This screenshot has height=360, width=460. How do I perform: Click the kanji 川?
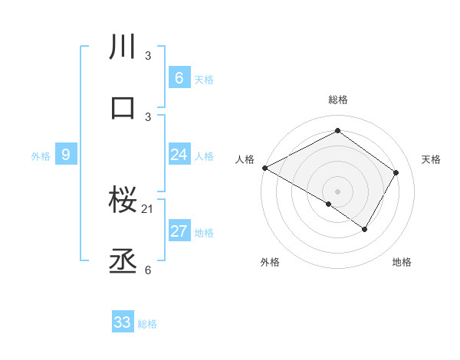pyautogui.click(x=123, y=48)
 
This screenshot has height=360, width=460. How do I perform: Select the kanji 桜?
pyautogui.click(x=123, y=201)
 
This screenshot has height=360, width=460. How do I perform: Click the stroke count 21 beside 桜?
pyautogui.click(x=149, y=209)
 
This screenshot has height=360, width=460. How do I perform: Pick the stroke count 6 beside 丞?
pyautogui.click(x=148, y=270)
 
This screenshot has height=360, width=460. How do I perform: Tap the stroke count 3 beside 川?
pyautogui.click(x=148, y=56)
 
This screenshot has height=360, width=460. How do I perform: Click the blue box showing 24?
pyautogui.click(x=179, y=155)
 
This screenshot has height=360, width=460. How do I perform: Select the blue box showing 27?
pyautogui.click(x=179, y=231)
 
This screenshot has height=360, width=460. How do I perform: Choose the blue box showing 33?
pyautogui.click(x=123, y=322)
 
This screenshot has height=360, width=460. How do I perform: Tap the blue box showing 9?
pyautogui.click(x=66, y=155)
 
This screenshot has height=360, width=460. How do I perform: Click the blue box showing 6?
pyautogui.click(x=179, y=78)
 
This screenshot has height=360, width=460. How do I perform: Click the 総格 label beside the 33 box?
pyautogui.click(x=147, y=324)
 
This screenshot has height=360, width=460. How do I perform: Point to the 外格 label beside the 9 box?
pyautogui.click(x=41, y=155)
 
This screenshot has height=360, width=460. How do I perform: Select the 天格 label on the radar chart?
pyautogui.click(x=432, y=159)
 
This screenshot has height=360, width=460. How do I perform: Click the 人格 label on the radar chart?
pyautogui.click(x=245, y=159)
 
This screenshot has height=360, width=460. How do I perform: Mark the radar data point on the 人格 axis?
pyautogui.click(x=264, y=167)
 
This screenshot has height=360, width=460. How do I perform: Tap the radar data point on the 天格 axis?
pyautogui.click(x=396, y=172)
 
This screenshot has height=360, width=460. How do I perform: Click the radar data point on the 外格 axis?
pyautogui.click(x=329, y=204)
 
